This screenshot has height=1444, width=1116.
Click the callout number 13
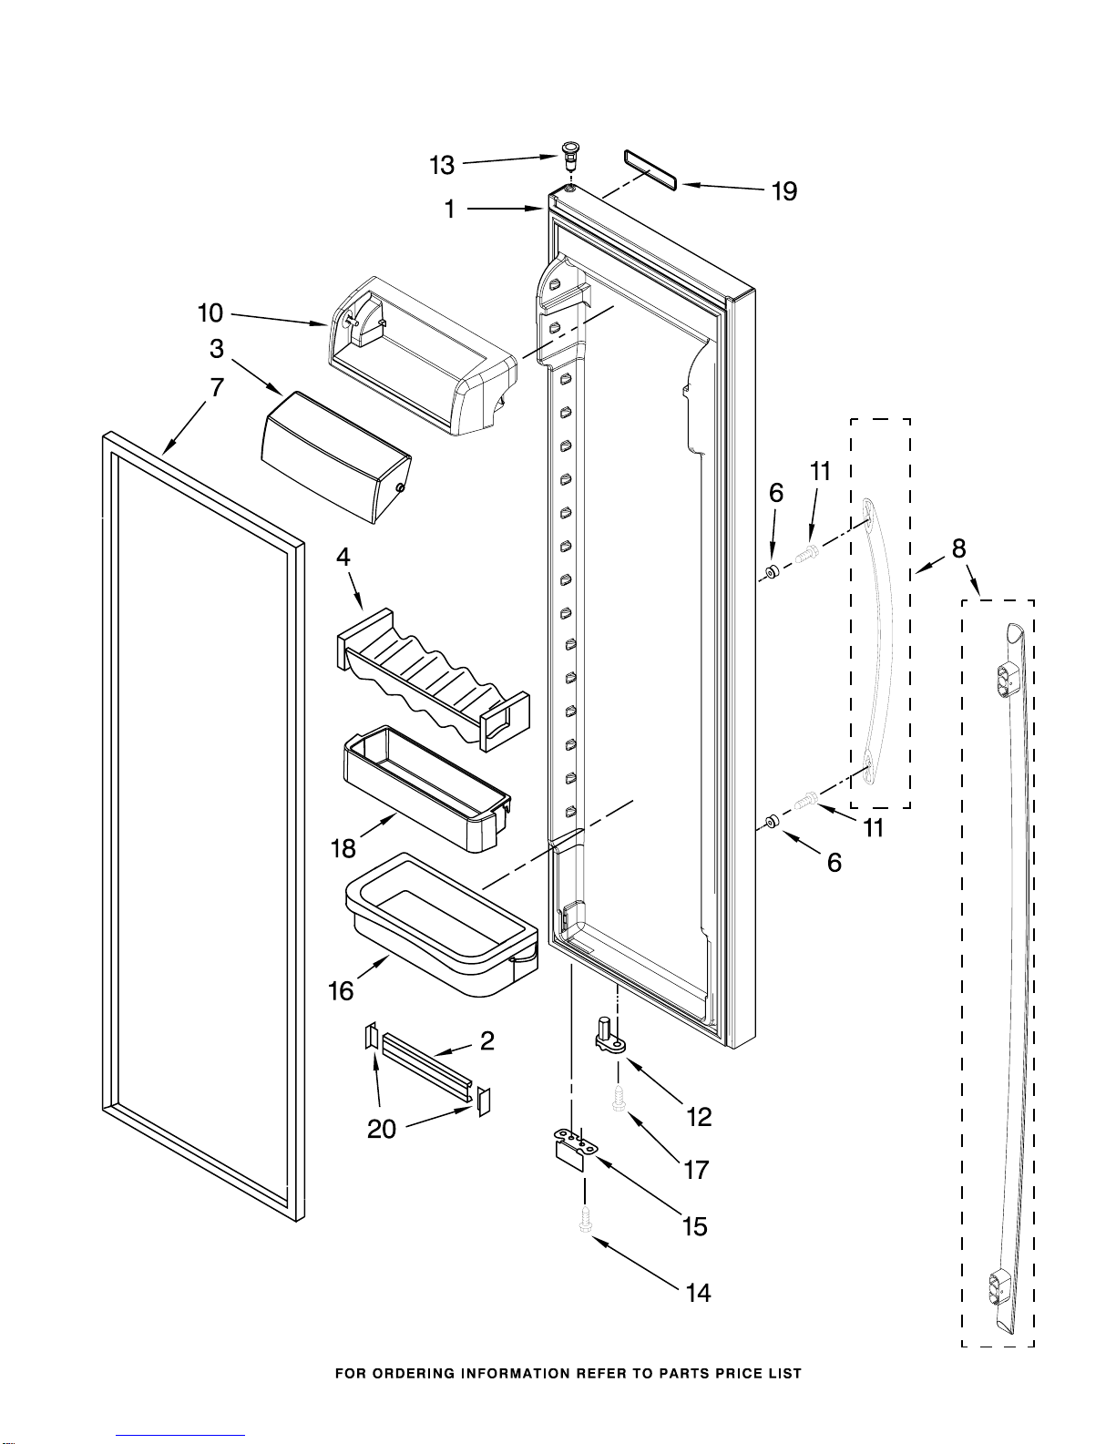click(x=442, y=165)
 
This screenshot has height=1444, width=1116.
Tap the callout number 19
click(x=783, y=191)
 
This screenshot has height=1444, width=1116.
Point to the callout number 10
click(x=210, y=313)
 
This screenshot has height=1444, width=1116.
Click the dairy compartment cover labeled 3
click(x=337, y=456)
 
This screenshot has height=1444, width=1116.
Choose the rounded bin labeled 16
click(x=442, y=926)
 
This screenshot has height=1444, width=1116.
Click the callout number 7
click(x=217, y=387)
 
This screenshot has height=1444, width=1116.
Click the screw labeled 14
click(x=585, y=1221)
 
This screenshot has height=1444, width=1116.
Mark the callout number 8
click(x=958, y=548)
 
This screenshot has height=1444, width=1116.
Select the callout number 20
click(x=382, y=1129)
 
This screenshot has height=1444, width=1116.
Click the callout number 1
click(x=450, y=210)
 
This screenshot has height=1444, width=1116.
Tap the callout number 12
click(x=700, y=1117)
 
